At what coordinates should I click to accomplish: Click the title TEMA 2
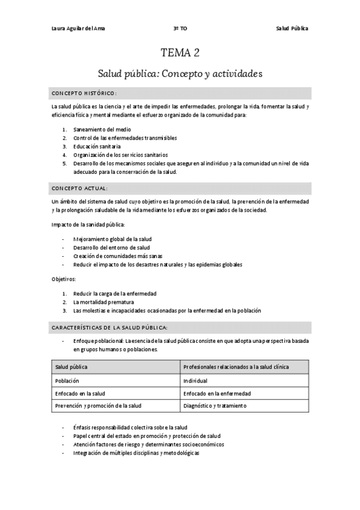click(x=180, y=53)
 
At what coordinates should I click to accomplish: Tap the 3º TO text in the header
click(x=180, y=29)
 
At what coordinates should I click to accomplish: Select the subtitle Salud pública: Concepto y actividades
click(x=180, y=74)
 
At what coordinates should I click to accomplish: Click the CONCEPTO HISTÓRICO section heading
click(x=84, y=93)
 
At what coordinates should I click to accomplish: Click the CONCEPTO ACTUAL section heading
click(x=80, y=188)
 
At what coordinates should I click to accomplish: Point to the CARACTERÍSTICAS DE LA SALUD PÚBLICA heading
click(x=109, y=327)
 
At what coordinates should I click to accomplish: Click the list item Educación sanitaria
click(x=97, y=146)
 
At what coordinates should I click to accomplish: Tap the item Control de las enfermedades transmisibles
click(x=124, y=138)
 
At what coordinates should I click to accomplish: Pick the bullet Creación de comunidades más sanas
click(x=114, y=256)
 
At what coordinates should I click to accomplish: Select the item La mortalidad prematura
click(x=103, y=302)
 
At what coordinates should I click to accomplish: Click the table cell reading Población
click(x=67, y=381)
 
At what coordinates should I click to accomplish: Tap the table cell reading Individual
click(x=196, y=381)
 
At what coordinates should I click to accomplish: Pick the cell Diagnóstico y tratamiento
click(x=215, y=406)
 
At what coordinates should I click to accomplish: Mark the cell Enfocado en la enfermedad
click(x=217, y=393)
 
